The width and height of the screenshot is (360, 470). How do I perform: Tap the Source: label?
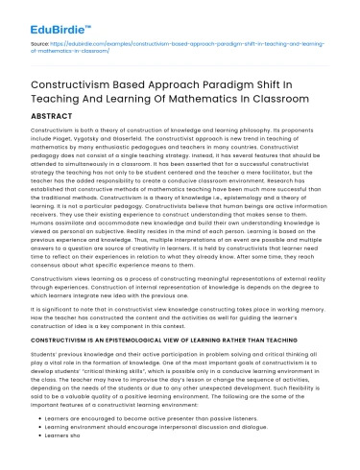coord(41,45)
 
